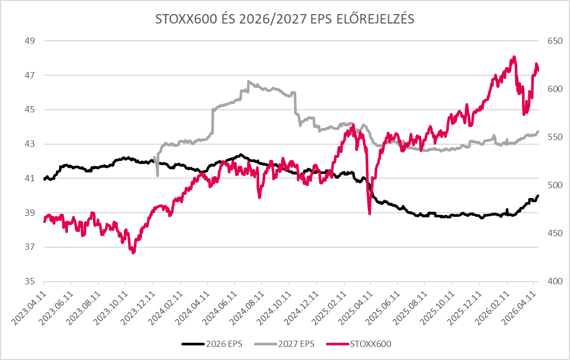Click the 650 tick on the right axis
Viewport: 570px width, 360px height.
click(553, 41)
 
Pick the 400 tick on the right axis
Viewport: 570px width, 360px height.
click(553, 282)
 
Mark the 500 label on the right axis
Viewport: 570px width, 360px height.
click(553, 185)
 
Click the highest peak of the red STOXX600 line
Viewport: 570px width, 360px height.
click(514, 57)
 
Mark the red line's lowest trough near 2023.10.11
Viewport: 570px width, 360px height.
click(133, 253)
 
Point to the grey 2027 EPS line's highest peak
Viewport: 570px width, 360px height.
click(248, 82)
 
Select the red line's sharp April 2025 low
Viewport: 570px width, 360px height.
click(369, 214)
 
